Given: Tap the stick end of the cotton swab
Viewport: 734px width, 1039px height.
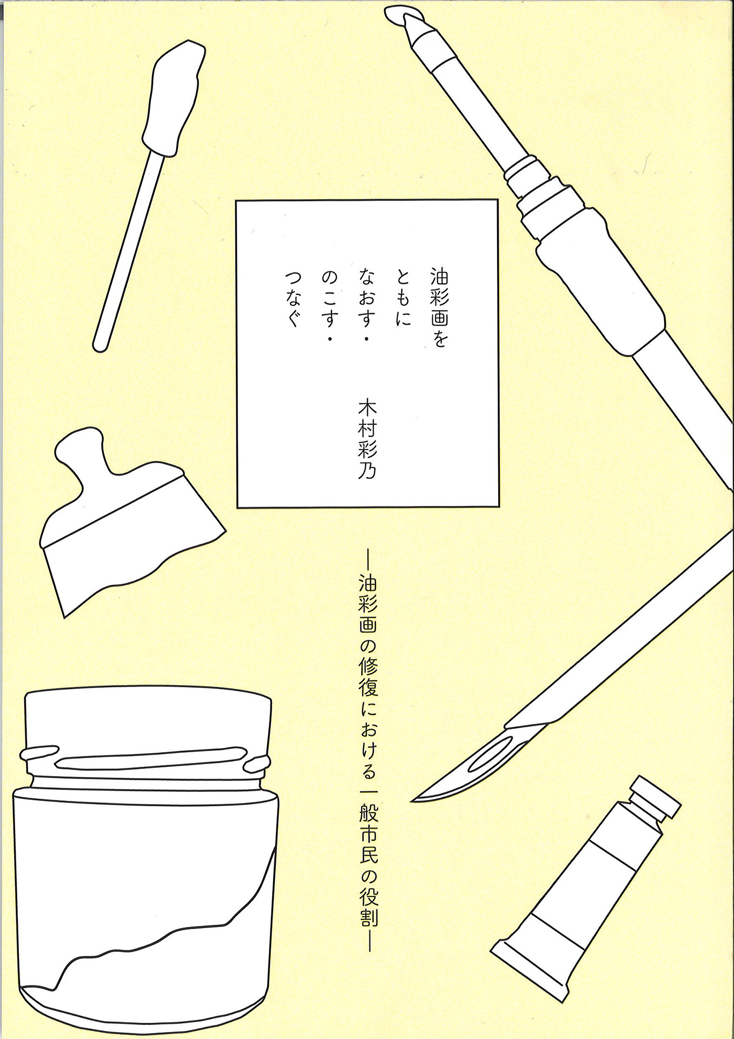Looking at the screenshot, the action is click(100, 346).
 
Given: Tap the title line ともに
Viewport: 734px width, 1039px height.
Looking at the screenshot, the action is click(403, 298).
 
